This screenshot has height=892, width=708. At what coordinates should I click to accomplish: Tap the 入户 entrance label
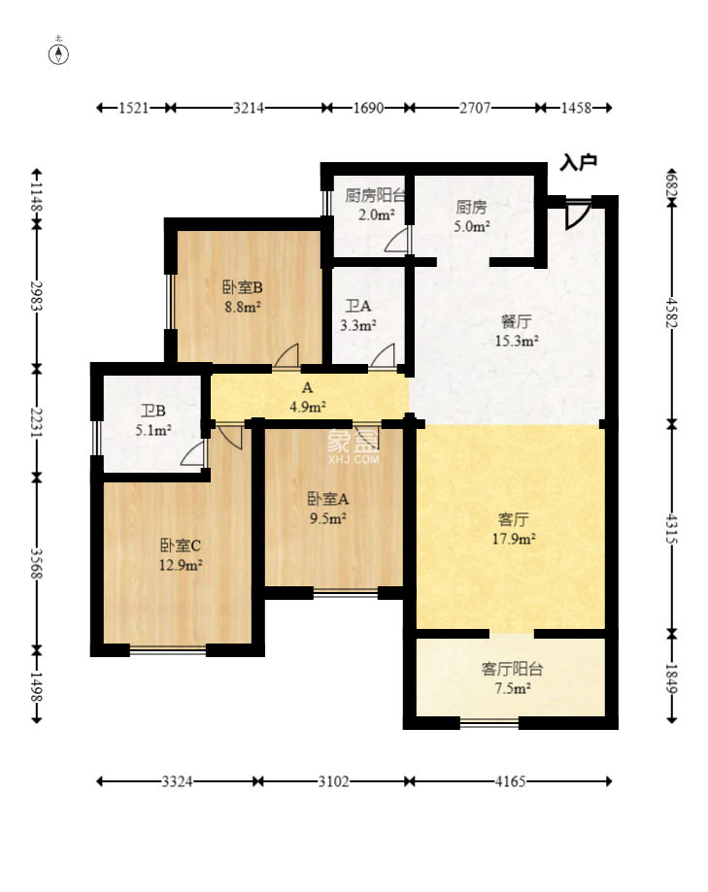tap(578, 162)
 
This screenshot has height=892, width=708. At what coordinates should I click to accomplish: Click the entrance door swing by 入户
tap(577, 214)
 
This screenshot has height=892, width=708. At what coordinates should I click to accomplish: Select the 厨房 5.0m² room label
tap(472, 216)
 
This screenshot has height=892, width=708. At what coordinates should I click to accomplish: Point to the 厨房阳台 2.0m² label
tap(376, 205)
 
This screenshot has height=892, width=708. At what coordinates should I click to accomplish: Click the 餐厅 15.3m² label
tap(517, 331)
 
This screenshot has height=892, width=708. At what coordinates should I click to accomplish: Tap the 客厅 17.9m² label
tap(514, 528)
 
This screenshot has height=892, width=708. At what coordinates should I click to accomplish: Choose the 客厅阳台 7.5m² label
tap(512, 678)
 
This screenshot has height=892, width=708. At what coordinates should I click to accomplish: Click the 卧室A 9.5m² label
tap(328, 508)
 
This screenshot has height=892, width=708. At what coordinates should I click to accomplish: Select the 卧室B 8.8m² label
tap(243, 296)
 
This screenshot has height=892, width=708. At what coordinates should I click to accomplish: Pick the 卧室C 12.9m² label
tap(181, 555)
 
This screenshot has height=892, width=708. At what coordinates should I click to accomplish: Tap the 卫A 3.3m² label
tap(358, 315)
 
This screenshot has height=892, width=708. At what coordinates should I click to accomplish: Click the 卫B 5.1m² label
tap(153, 420)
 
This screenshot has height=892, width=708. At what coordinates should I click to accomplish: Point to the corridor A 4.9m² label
tap(307, 397)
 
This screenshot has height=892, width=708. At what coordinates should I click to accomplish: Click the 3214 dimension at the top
tap(249, 108)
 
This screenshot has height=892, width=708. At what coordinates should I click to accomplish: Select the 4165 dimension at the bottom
tap(510, 781)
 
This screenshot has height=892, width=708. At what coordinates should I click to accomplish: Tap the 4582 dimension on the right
tap(671, 313)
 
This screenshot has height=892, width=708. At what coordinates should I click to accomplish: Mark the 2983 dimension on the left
tap(37, 296)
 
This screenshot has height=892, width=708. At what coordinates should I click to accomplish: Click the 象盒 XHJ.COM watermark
tap(353, 446)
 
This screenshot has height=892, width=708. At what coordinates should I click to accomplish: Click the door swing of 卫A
tap(384, 356)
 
